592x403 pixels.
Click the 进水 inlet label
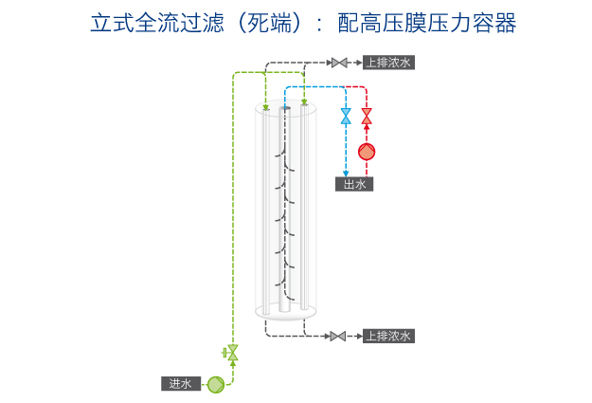point(180,384)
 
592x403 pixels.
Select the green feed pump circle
point(215,384)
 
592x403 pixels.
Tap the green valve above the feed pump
point(233,353)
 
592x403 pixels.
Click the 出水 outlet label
point(354,184)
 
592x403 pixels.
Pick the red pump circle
point(367,151)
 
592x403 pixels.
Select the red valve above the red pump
point(367,117)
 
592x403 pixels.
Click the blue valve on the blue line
point(346,117)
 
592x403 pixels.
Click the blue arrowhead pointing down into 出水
point(346,172)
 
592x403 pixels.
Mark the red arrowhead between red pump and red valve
point(367,133)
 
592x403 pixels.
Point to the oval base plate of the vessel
point(284,311)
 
